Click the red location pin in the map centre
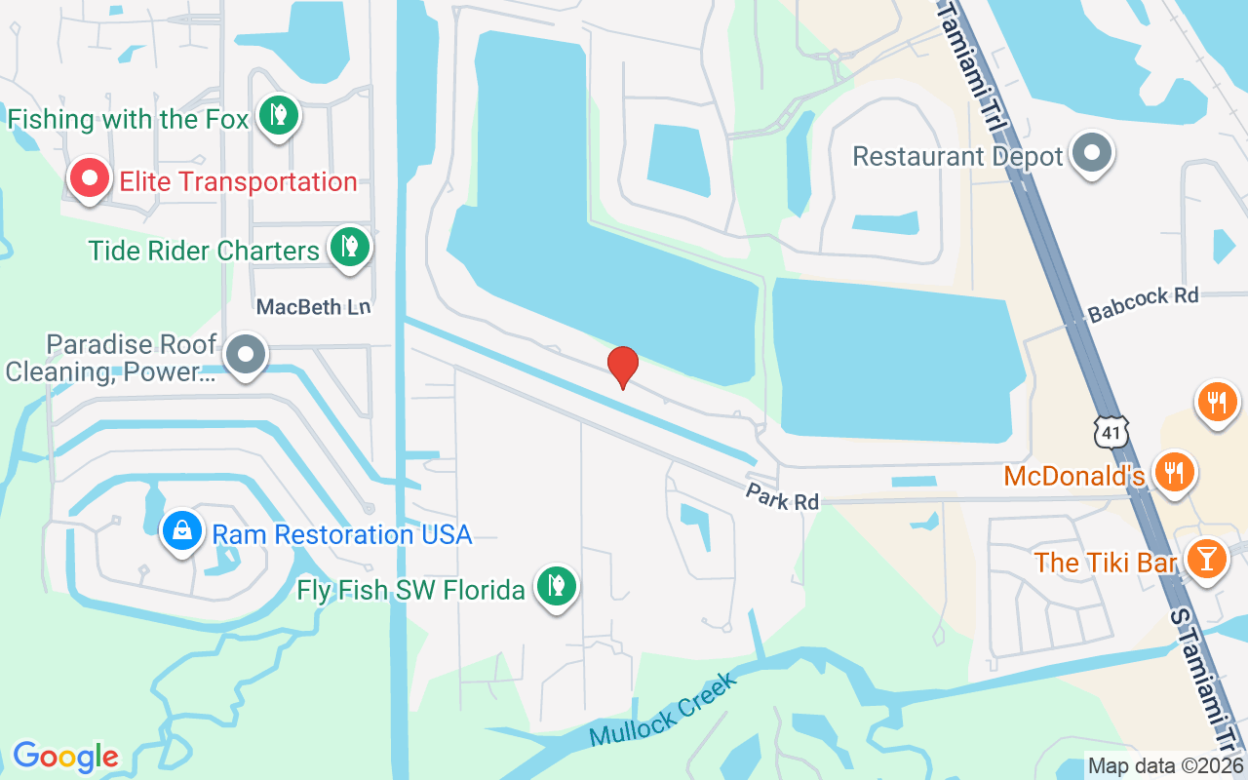pyautogui.click(x=622, y=367)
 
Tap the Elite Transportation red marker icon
pyautogui.click(x=89, y=179)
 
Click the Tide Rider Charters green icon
pyautogui.click(x=348, y=248)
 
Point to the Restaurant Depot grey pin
pyautogui.click(x=1092, y=154)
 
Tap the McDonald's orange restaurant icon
pyautogui.click(x=1176, y=472)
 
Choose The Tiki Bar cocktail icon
pyautogui.click(x=1207, y=560)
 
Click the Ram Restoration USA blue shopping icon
pyautogui.click(x=182, y=531)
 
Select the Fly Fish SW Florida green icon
pyautogui.click(x=556, y=587)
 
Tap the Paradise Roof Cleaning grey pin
pyautogui.click(x=245, y=355)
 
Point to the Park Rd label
pyautogui.click(x=782, y=495)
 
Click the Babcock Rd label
pyautogui.click(x=1143, y=304)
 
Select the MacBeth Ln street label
pyautogui.click(x=313, y=307)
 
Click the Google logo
pyautogui.click(x=65, y=757)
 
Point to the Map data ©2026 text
pyautogui.click(x=1165, y=766)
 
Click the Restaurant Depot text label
pyautogui.click(x=956, y=156)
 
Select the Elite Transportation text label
pyautogui.click(x=238, y=181)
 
